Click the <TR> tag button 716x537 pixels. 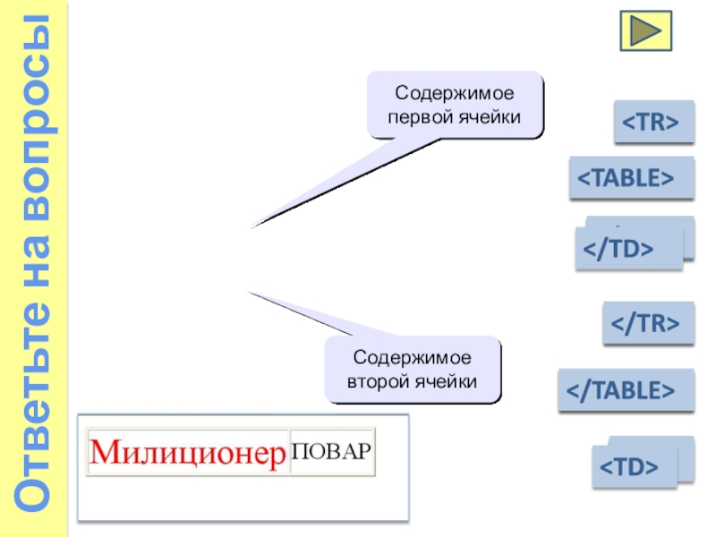(653, 122)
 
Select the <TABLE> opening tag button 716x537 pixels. (631, 177)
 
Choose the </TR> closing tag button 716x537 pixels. (648, 323)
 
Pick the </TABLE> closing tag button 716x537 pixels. (625, 390)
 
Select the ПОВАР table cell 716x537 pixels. (332, 451)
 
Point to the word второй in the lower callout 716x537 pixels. (379, 381)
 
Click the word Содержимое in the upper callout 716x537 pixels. (456, 93)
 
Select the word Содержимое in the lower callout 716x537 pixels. (412, 358)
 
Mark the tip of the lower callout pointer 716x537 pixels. (248, 292)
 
